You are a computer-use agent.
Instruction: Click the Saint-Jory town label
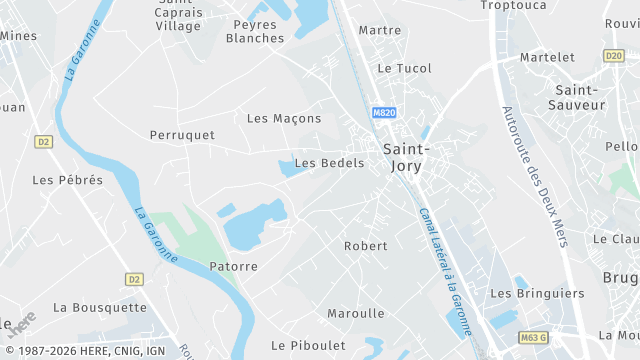click(407, 157)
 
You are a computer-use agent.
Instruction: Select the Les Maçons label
click(284, 118)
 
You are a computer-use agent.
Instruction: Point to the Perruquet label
click(182, 134)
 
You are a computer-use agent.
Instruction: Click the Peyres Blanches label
click(254, 31)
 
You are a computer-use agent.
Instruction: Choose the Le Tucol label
click(404, 68)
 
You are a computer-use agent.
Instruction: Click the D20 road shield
click(613, 55)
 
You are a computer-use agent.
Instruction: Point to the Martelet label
click(547, 58)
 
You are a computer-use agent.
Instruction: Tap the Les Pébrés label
click(67, 180)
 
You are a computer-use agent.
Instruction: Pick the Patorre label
click(234, 266)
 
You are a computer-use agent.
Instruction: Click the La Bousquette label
click(99, 307)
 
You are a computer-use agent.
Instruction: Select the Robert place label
click(365, 245)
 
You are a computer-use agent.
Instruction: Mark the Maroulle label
click(355, 313)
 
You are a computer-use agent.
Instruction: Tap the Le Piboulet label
click(307, 345)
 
